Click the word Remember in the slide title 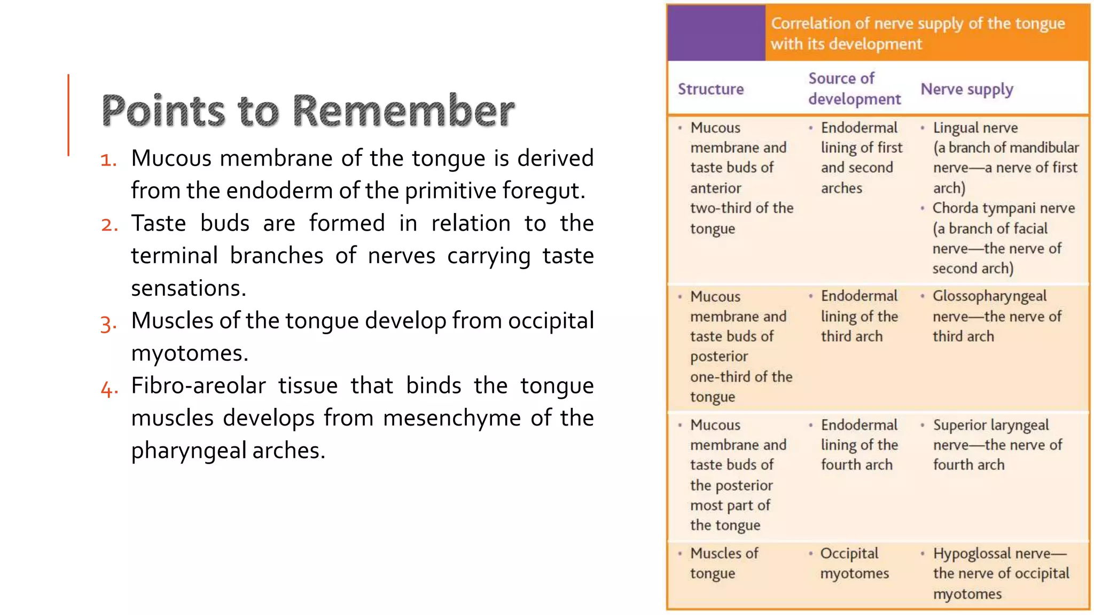point(403,111)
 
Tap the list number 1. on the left point(108,160)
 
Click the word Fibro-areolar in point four point(198,385)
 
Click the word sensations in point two point(188,288)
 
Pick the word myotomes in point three point(189,353)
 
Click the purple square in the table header point(716,33)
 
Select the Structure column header point(710,89)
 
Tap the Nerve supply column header point(966,89)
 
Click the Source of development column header point(854,89)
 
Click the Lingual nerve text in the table point(975,128)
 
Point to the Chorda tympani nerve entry point(1003,208)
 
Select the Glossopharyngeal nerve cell point(989,296)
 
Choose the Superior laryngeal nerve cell point(990,425)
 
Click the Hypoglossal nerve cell point(999,554)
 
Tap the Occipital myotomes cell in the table point(854,563)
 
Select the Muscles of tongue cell point(723,563)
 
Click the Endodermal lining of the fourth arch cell point(858,445)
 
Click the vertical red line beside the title point(68,115)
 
